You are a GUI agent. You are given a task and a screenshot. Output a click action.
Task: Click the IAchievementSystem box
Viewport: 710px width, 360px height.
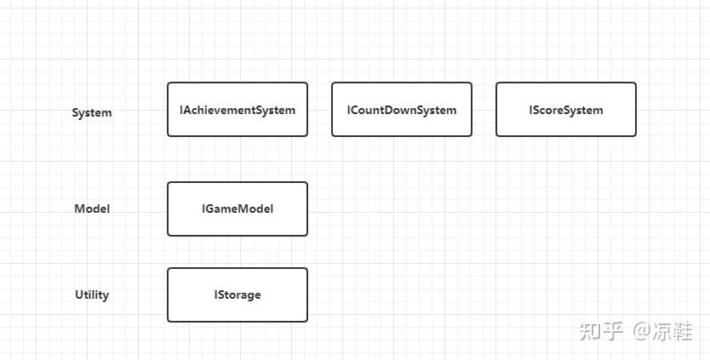(x=237, y=110)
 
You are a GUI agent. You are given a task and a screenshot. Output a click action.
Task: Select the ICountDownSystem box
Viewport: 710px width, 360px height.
(x=401, y=110)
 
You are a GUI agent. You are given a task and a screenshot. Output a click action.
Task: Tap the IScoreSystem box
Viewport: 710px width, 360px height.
(x=565, y=110)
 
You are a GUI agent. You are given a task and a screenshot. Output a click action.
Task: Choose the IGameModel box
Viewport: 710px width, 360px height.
(x=237, y=209)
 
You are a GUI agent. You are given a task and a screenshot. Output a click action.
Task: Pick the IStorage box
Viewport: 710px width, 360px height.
(x=237, y=294)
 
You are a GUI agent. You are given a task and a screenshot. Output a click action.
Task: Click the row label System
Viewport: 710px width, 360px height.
(x=91, y=112)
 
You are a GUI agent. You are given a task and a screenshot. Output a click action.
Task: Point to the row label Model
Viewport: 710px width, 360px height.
(x=91, y=209)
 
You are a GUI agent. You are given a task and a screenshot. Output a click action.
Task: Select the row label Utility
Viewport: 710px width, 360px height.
(x=91, y=294)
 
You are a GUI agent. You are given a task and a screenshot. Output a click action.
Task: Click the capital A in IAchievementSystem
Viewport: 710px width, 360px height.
(x=186, y=110)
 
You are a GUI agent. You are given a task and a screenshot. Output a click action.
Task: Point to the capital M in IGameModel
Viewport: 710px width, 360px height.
(x=243, y=209)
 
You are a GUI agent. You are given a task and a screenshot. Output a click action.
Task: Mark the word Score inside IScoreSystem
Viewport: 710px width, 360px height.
(x=550, y=110)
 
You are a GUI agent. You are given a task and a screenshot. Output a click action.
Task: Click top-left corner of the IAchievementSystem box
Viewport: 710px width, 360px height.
(x=169, y=83)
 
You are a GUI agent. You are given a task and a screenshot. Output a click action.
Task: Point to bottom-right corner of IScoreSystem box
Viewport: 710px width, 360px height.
(x=635, y=135)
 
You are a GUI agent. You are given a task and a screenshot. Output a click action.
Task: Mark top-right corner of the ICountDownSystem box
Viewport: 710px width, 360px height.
(x=471, y=83)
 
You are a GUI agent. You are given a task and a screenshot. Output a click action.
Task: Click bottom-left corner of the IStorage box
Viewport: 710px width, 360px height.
(x=169, y=321)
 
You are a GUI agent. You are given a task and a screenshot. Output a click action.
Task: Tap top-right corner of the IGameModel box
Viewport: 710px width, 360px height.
(x=306, y=183)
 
